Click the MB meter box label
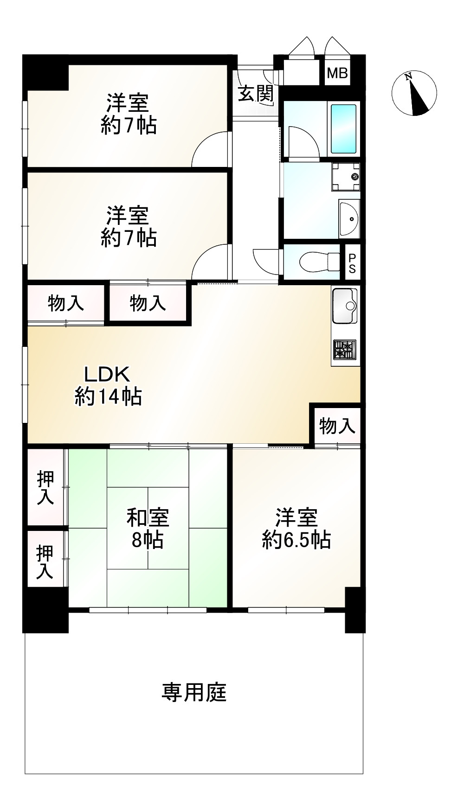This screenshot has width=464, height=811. coord(337,73)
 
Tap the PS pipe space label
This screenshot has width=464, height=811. coord(352,263)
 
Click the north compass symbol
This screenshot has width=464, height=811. coord(414,93)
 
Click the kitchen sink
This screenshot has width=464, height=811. coord(345,306)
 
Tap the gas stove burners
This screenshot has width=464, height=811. coord(345,349)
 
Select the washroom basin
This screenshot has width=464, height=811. coord(349,218)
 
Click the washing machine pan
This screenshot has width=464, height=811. coord(346,177)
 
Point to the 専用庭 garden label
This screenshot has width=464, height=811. coord(194,692)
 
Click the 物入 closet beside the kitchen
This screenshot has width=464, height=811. coord(337,426)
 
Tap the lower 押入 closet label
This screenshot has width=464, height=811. coord(45,562)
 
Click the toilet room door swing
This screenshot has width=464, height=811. coord(266,262)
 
